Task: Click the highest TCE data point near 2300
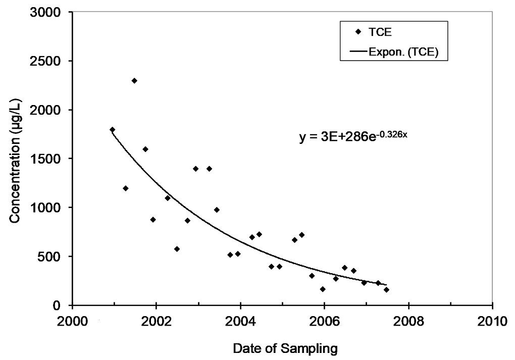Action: [x=134, y=81]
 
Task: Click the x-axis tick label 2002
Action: [x=157, y=321]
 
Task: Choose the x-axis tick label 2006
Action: [x=324, y=321]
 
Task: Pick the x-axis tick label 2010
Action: [x=492, y=321]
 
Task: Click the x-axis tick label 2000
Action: [x=72, y=321]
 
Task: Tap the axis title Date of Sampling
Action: [x=283, y=348]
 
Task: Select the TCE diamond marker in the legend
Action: [x=358, y=32]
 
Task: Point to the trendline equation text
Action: [x=353, y=136]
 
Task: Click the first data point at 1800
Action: [x=112, y=130]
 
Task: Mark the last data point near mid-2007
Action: [x=386, y=290]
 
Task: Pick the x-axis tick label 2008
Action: [x=408, y=321]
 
